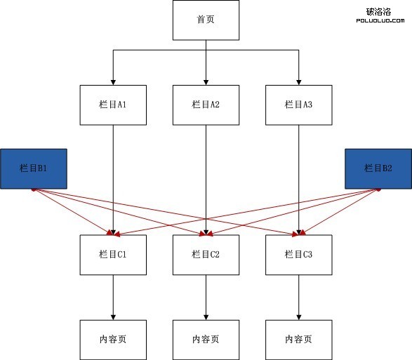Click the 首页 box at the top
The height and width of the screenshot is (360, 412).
coord(206,20)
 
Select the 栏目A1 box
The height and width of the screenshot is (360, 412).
coord(113,105)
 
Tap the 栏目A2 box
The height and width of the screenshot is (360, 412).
coord(206,105)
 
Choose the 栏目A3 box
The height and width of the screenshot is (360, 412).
coord(299,105)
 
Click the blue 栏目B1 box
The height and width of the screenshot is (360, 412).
coord(34,168)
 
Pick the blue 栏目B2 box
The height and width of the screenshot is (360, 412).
coord(378,168)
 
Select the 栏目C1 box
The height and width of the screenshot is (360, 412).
coord(113,255)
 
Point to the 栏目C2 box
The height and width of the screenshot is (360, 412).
coord(206,255)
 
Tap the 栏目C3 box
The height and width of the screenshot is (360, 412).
coord(299,255)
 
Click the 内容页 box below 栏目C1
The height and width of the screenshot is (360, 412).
coord(113,340)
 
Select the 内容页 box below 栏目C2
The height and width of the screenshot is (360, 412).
coord(206,340)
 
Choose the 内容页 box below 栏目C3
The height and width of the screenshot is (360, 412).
coord(299,340)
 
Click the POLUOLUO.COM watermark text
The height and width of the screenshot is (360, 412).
coord(380,20)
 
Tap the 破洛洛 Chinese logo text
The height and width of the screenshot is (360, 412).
coord(378,11)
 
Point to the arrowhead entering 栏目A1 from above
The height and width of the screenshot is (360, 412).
coord(113,82)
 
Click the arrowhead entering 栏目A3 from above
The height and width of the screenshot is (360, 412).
coord(299,82)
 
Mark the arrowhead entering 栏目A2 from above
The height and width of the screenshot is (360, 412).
coord(206,82)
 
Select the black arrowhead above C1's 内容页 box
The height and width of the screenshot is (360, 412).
coord(113,317)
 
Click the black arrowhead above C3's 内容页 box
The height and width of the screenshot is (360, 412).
coord(299,317)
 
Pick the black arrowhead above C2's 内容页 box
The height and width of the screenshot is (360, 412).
coord(206,317)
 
